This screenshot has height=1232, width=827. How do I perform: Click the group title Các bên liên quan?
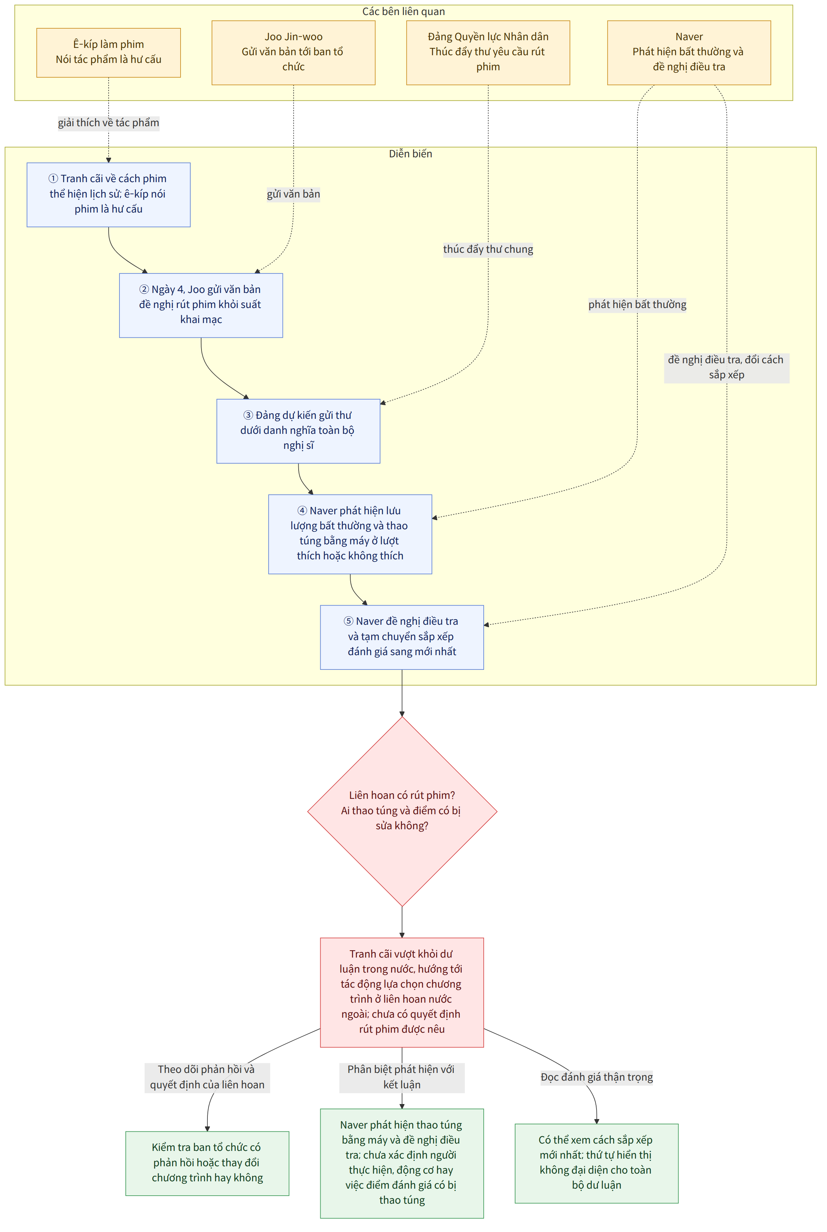(403, 12)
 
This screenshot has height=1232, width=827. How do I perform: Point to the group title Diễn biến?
(410, 153)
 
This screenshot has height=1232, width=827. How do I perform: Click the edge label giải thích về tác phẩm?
(109, 122)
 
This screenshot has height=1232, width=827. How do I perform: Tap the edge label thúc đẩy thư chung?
(488, 249)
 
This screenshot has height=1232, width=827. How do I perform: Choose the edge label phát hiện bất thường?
(637, 305)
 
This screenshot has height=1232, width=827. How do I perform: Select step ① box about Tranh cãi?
(109, 195)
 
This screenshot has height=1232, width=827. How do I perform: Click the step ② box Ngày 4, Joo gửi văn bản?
(201, 305)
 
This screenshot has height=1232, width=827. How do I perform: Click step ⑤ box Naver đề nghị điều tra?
(402, 637)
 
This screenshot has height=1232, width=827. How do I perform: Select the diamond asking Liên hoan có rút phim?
(402, 811)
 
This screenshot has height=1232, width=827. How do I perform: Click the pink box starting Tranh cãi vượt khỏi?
(402, 993)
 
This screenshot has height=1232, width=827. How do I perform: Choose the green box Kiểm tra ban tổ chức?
(207, 1163)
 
